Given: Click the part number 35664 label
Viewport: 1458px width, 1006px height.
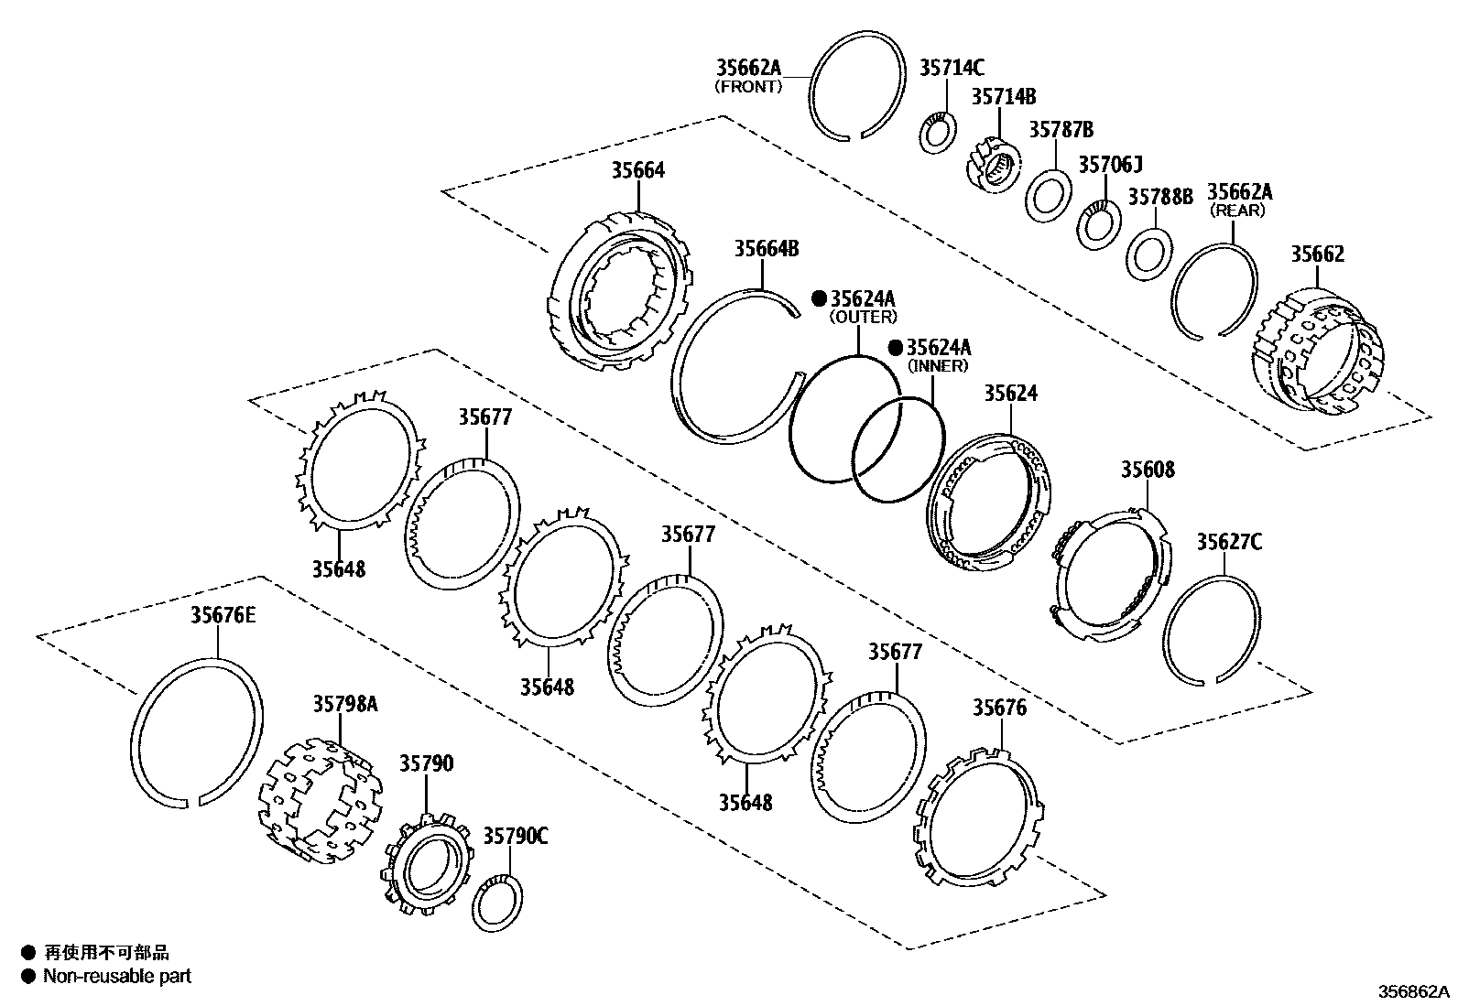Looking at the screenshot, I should tap(638, 170).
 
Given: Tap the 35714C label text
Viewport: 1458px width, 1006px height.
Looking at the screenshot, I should tap(952, 67).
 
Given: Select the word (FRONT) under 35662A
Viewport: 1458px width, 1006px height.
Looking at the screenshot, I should tap(748, 87).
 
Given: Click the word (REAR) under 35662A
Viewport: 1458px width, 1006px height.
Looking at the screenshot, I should tap(1237, 210).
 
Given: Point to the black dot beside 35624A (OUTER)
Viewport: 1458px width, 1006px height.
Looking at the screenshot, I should tap(820, 298).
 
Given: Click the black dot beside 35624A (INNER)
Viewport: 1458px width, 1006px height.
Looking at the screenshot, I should tap(896, 348).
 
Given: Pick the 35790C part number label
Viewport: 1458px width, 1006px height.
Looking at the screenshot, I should tap(516, 836).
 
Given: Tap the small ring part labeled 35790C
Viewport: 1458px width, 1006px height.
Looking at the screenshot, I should tap(498, 903).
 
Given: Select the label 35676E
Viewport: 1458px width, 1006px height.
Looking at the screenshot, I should tap(223, 615).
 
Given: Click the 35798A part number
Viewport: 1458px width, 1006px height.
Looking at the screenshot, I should tap(345, 704).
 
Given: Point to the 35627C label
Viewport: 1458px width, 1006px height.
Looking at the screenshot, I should tap(1228, 543).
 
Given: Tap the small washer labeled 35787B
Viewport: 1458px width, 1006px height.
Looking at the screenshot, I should tap(1048, 195).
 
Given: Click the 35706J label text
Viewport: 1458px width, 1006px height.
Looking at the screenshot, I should tap(1110, 164).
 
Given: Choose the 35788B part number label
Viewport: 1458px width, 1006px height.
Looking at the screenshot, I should tap(1159, 197).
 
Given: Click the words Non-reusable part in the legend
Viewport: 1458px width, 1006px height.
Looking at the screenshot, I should tap(117, 976).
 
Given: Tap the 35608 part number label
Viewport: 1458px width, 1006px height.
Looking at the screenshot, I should tap(1148, 470).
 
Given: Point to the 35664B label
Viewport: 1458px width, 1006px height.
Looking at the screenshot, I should tap(767, 249).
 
